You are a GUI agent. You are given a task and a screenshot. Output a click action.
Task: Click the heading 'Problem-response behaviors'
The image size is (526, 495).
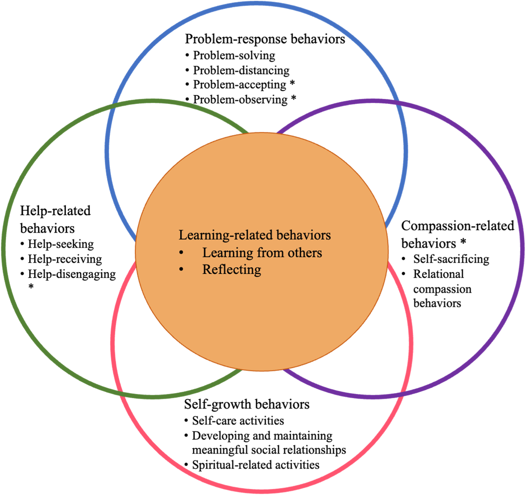[x=265, y=39]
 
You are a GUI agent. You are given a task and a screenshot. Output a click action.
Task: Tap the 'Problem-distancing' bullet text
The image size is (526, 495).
[x=241, y=70]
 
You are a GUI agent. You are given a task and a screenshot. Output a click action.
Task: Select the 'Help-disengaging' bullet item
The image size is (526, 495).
[x=72, y=274]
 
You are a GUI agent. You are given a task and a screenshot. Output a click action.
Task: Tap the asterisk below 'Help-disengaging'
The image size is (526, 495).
[x=31, y=286]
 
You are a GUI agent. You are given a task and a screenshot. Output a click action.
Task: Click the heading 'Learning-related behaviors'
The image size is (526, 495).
[x=255, y=235]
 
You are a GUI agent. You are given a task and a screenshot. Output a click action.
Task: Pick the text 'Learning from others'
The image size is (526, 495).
[x=262, y=253]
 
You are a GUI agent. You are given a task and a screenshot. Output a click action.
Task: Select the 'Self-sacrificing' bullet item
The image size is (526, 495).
[x=451, y=259]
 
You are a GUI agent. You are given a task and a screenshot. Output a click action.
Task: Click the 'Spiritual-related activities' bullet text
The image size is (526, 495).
[x=256, y=465]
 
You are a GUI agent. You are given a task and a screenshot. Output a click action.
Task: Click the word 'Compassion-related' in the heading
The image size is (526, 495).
[x=457, y=226]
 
